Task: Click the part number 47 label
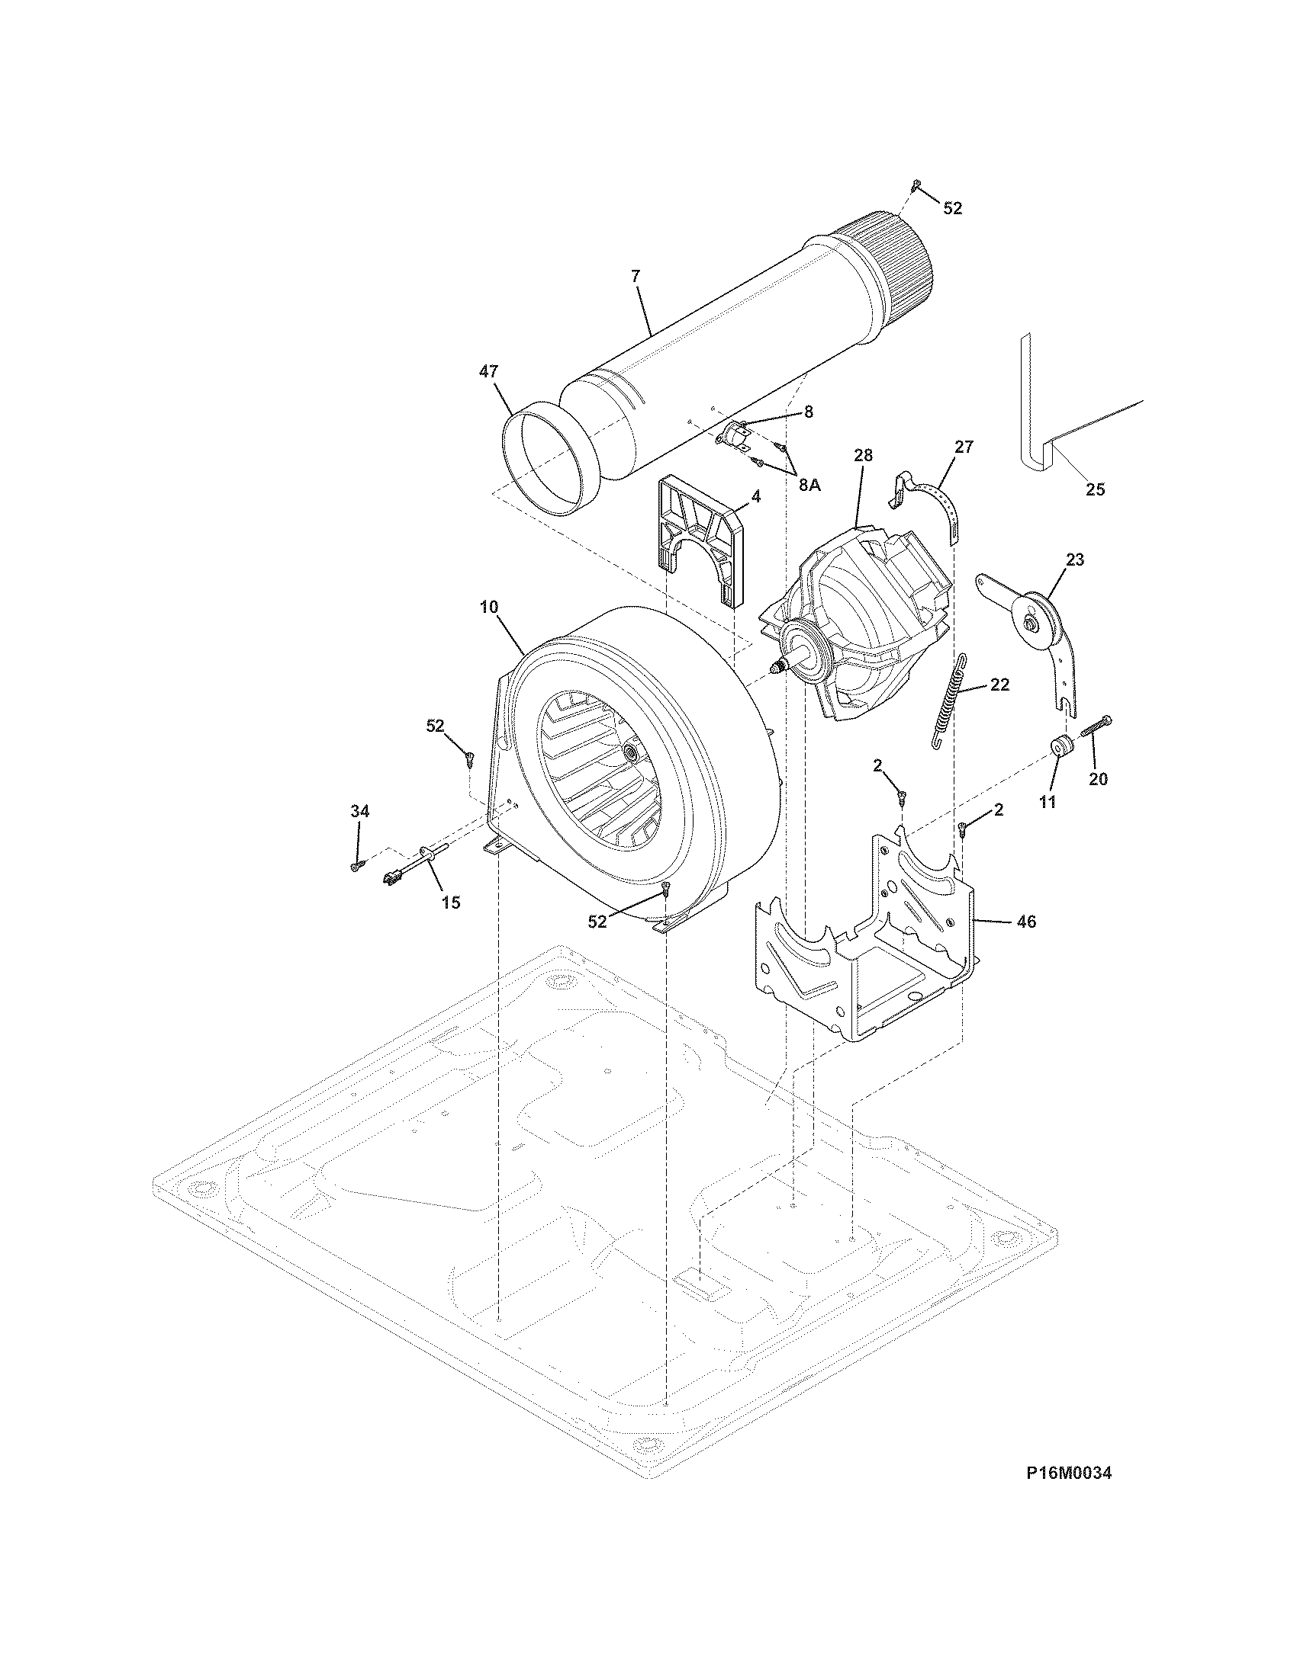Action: coord(488,372)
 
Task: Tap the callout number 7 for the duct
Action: coord(636,277)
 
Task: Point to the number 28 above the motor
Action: coord(863,455)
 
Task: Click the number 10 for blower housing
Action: coord(489,607)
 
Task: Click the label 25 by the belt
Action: coord(1095,489)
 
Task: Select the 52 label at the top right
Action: coord(952,208)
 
